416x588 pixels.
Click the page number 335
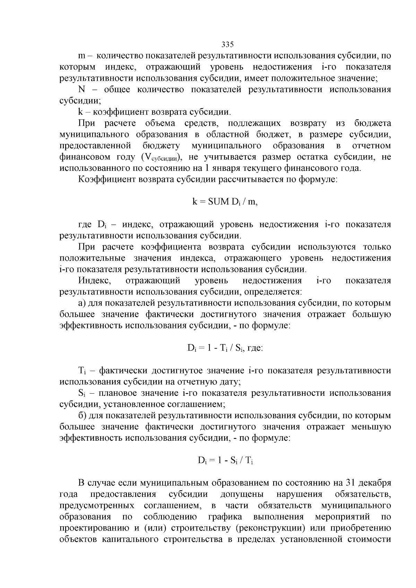coord(227,45)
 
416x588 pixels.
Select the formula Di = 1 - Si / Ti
coord(227,460)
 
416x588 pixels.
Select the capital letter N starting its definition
coord(82,89)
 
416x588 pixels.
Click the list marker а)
coord(82,303)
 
